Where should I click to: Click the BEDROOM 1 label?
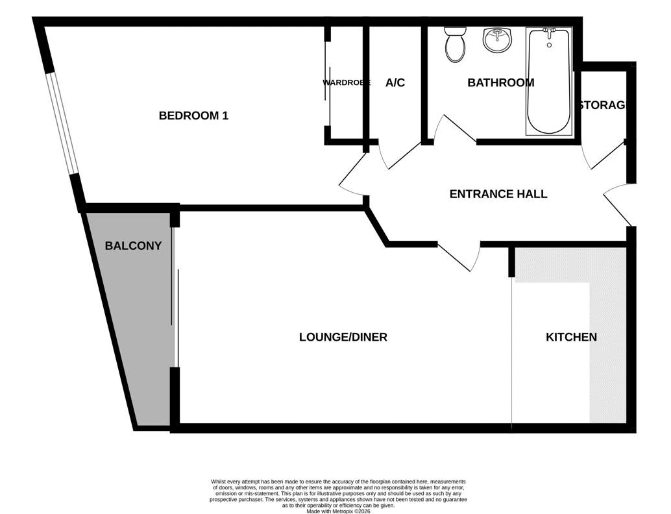click(193, 116)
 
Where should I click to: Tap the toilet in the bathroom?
click(455, 45)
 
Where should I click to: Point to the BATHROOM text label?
click(501, 82)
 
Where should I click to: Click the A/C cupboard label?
click(395, 82)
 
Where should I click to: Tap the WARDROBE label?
click(346, 82)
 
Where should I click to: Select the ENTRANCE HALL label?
click(498, 194)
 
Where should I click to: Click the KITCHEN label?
click(571, 337)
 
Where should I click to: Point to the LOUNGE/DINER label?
click(343, 337)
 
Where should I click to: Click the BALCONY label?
click(133, 246)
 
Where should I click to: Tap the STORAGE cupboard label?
click(602, 105)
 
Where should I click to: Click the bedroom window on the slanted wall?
click(62, 124)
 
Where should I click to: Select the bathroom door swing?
click(454, 128)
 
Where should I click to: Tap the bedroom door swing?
click(354, 173)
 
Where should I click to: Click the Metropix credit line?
click(338, 511)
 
